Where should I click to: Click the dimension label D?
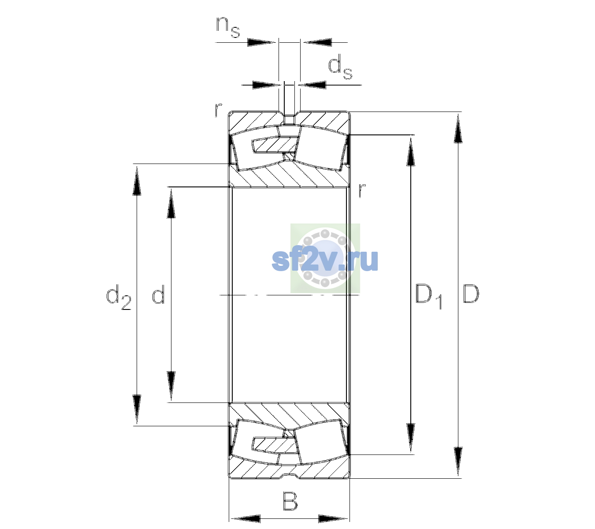coord(471,294)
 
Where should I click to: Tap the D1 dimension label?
coord(428,296)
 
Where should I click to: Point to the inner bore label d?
coord(158,294)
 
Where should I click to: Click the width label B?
coord(290,501)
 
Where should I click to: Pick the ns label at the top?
coord(228,27)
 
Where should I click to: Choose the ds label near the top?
coord(340,69)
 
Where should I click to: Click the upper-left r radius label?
coord(218,110)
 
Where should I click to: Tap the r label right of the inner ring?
coord(362,190)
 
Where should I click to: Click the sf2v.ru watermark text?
coord(325,260)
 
